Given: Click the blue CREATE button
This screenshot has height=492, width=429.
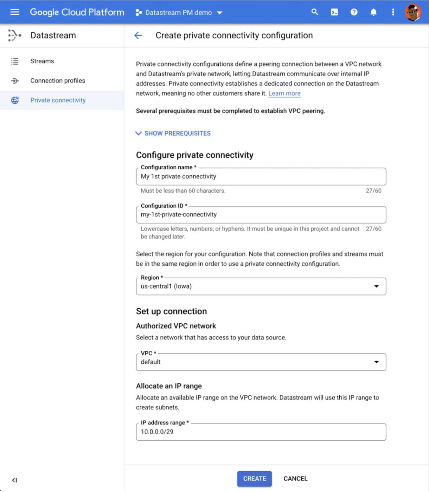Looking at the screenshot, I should coord(254,479).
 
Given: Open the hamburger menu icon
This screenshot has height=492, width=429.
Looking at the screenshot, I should coord(15,12).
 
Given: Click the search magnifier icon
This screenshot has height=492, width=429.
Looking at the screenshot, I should coord(315,12).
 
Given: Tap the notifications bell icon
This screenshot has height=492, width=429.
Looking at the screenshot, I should coord(373,12).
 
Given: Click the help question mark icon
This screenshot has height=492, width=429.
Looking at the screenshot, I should coord(354,12).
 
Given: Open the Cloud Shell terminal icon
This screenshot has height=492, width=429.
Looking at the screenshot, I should coord(334,12).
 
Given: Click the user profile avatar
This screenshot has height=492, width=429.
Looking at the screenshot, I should coord(413,12).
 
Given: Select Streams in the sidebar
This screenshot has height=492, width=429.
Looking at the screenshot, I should coord(42,61).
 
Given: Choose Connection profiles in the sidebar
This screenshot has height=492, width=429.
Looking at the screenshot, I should coord(58,81).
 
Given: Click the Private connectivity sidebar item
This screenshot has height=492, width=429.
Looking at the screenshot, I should coord(58,100).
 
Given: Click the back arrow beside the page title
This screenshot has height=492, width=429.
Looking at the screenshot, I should coord(138,35).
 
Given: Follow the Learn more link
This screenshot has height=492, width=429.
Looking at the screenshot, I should coord(284,93).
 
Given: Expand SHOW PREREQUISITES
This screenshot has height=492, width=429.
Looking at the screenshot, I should coord(173,134).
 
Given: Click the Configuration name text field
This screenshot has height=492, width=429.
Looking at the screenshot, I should coord(261,177).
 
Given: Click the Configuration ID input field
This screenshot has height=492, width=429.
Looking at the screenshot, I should coord(261,215).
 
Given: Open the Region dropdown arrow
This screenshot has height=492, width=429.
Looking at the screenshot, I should coord(376,286).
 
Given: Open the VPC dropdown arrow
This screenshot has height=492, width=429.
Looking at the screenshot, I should coord(376,362).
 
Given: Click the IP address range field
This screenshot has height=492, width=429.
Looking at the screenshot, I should coord(261,432).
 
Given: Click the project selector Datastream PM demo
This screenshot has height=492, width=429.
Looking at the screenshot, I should coord(179,13).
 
